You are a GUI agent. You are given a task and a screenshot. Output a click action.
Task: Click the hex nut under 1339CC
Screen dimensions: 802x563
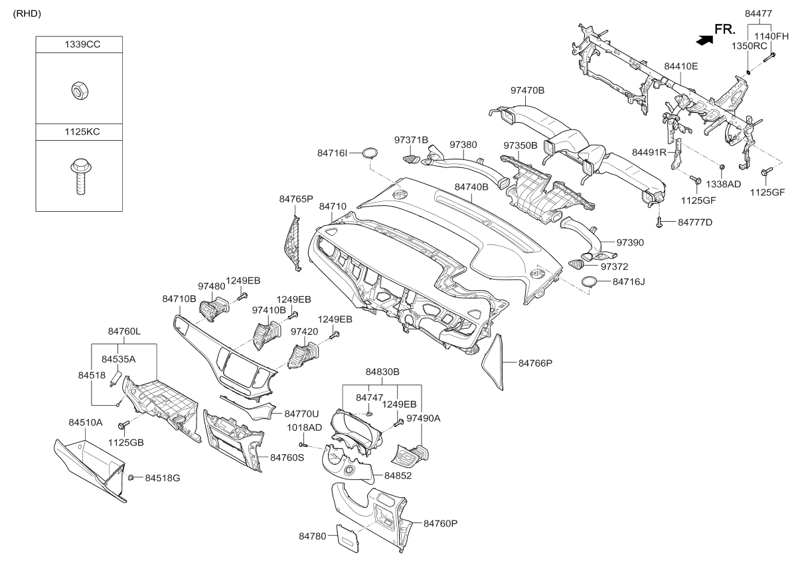pyautogui.click(x=80, y=90)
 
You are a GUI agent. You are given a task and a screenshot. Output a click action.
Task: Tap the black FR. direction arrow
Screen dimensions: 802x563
pyautogui.click(x=704, y=40)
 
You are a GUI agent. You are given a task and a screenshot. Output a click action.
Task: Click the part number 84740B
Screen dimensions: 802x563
pyautogui.click(x=471, y=187)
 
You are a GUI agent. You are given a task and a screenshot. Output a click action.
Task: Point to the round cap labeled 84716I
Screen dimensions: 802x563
pyautogui.click(x=370, y=152)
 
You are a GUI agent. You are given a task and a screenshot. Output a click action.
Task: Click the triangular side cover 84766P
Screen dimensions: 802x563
pyautogui.click(x=493, y=362)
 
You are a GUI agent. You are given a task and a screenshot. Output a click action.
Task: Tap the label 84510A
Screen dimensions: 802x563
pyautogui.click(x=86, y=422)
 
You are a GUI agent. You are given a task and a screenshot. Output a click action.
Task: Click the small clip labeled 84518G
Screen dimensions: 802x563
pyautogui.click(x=131, y=477)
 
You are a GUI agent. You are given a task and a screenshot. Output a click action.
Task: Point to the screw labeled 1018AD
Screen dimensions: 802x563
pyautogui.click(x=303, y=444)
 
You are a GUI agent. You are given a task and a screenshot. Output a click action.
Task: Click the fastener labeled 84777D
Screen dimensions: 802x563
pyautogui.click(x=659, y=223)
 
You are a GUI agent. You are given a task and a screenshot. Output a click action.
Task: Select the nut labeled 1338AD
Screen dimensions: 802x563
pyautogui.click(x=722, y=167)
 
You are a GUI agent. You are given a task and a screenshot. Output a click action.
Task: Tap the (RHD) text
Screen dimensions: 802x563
pyautogui.click(x=27, y=13)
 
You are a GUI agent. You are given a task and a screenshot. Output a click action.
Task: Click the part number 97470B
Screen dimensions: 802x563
pyautogui.click(x=527, y=90)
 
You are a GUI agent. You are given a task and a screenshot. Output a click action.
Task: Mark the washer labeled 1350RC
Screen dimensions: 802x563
pyautogui.click(x=748, y=73)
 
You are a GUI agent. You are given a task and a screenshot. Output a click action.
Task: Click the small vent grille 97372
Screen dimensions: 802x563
pyautogui.click(x=576, y=265)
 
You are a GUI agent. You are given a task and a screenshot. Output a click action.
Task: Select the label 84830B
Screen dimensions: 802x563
pyautogui.click(x=382, y=372)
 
